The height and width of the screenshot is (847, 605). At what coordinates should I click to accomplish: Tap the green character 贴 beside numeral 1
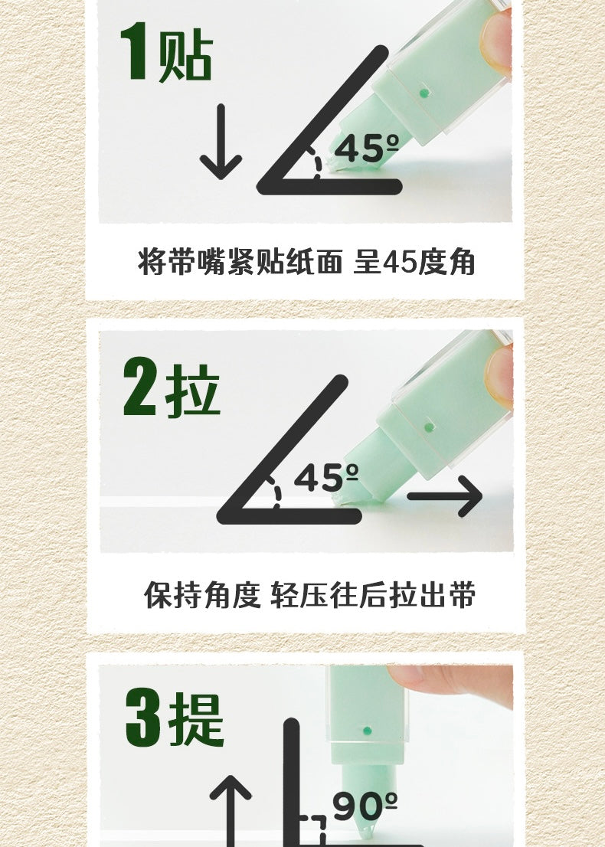(x=185, y=54)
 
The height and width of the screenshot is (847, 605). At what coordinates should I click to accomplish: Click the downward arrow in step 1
(x=221, y=142)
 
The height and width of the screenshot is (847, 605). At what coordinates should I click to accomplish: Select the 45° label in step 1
(x=366, y=148)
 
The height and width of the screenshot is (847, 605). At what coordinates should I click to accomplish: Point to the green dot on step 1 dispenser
(x=424, y=93)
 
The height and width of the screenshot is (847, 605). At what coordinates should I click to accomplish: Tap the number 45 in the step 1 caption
(x=401, y=263)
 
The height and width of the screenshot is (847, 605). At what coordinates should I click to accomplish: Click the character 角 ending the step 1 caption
(x=462, y=262)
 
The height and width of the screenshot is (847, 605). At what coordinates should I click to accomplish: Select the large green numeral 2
(x=140, y=387)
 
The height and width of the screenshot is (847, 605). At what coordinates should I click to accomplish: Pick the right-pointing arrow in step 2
(x=445, y=496)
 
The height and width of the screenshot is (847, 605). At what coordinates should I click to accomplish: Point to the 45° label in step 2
(x=325, y=477)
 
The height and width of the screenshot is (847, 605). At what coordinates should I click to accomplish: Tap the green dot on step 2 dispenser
(x=430, y=427)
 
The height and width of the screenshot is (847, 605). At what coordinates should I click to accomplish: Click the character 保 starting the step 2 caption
(x=158, y=595)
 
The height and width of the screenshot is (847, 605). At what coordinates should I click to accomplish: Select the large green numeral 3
(x=142, y=717)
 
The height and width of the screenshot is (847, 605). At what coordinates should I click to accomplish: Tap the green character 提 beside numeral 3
(x=196, y=720)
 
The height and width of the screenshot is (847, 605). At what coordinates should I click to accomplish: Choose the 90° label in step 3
(x=365, y=806)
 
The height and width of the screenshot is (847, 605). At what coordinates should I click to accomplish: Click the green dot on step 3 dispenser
(x=368, y=731)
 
